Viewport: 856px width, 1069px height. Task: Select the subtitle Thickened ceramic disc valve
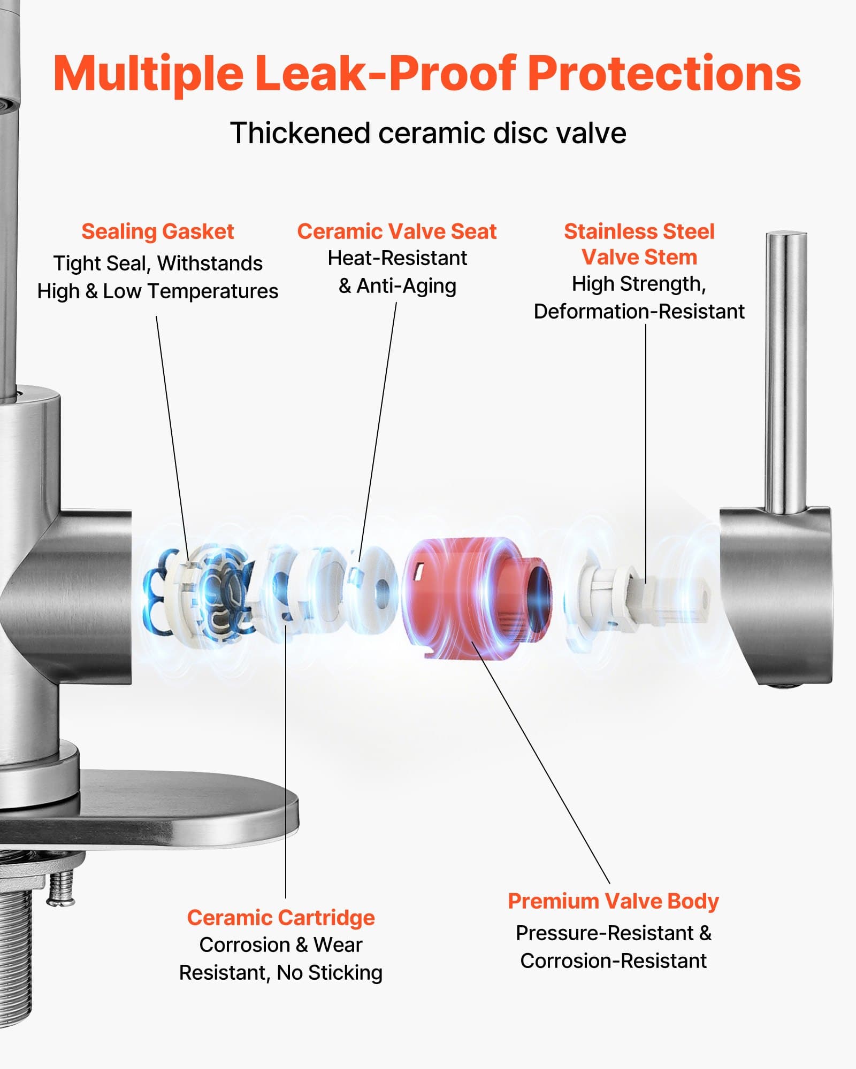point(428,133)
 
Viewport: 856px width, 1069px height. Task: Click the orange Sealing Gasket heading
point(157,231)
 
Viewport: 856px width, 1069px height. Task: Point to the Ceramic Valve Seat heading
point(396,231)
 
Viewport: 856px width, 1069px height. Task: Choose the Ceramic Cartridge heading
point(280,918)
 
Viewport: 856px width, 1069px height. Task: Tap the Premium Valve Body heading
point(613,901)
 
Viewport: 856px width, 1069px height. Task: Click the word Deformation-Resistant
point(639,311)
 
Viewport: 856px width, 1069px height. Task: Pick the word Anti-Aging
point(406,286)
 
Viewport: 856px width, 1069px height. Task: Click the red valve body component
point(460,593)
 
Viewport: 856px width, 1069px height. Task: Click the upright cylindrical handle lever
point(785,369)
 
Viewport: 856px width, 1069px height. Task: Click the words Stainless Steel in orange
point(639,231)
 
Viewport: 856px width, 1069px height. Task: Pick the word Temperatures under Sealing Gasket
point(212,291)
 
